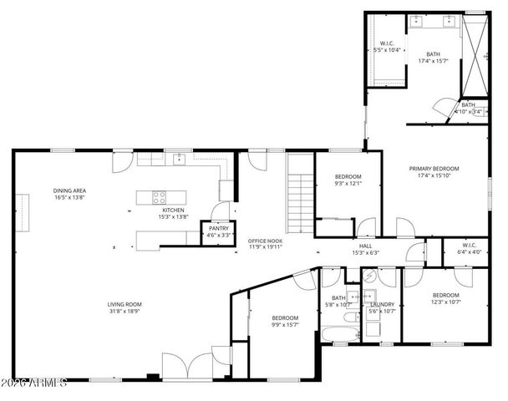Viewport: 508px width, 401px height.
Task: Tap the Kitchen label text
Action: coord(173,210)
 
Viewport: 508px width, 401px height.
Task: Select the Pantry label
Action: coord(219,228)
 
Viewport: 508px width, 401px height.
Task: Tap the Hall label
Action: coord(365,246)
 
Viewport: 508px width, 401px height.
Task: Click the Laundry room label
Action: coord(382,305)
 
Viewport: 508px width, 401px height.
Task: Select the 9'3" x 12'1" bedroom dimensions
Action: coord(348,183)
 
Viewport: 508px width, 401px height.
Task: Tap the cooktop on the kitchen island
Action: coord(157,197)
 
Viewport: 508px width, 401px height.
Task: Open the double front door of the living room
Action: coord(188,366)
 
